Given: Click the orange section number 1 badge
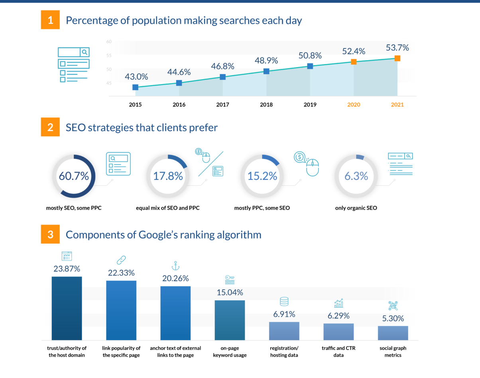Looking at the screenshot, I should pyautogui.click(x=50, y=20).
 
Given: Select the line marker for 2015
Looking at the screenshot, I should pyautogui.click(x=135, y=87).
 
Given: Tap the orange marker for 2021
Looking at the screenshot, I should pyautogui.click(x=397, y=58).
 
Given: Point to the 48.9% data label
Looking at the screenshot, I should pyautogui.click(x=266, y=60).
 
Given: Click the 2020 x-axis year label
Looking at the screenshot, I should pyautogui.click(x=354, y=105).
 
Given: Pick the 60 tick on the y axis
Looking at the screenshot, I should pyautogui.click(x=109, y=42).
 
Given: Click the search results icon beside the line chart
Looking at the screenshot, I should pyautogui.click(x=74, y=65).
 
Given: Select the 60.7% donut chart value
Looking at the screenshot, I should pyautogui.click(x=74, y=176).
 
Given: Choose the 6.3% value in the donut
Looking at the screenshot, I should pyautogui.click(x=356, y=176).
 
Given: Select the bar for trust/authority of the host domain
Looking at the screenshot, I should pyautogui.click(x=67, y=308).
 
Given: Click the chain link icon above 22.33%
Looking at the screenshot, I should pyautogui.click(x=121, y=261).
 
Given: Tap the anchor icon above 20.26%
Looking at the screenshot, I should pyautogui.click(x=175, y=266).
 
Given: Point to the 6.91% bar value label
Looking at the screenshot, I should pyautogui.click(x=284, y=314).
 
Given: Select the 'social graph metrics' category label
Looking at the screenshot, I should pyautogui.click(x=393, y=352).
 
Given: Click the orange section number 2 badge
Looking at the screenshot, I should pyautogui.click(x=50, y=127).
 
